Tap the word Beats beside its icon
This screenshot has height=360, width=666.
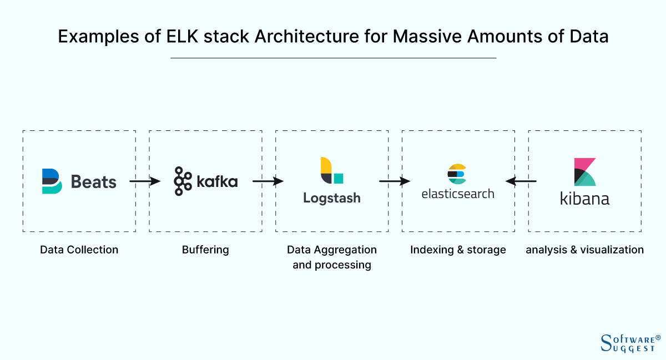coord(94,182)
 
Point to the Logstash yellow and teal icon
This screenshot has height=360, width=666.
coord(331,171)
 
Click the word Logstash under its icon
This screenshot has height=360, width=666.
coord(331,198)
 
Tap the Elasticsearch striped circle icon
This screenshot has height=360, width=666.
coord(457,174)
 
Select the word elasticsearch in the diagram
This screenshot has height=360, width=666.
coord(457,194)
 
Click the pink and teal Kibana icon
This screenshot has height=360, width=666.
coord(585,172)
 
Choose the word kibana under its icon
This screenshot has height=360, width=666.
coord(584,199)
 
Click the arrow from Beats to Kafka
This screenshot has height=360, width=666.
coord(144,181)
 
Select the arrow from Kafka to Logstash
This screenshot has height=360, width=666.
coord(268,181)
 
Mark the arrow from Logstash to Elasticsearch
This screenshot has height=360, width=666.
coord(394,181)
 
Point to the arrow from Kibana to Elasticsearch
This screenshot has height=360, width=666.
coord(521,181)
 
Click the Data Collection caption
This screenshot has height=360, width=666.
coord(79,250)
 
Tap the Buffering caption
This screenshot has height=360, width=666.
coord(205,250)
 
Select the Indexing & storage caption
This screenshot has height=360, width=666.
coord(458,250)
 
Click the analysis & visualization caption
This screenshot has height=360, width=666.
coord(584,250)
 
